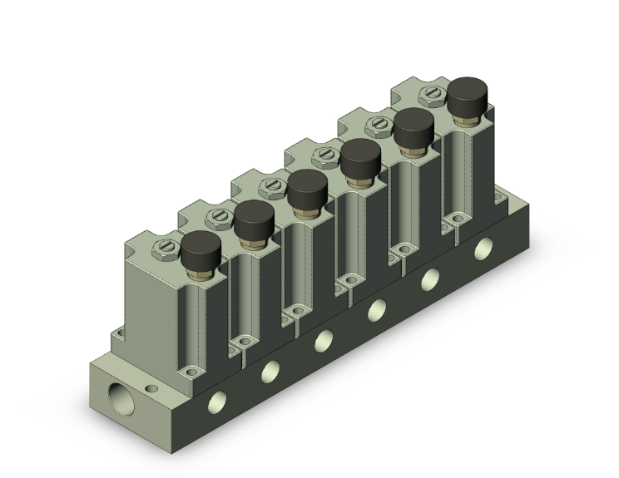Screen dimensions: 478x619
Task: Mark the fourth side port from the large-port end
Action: coord(377,309)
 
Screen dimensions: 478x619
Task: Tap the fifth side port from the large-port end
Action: coord(431,278)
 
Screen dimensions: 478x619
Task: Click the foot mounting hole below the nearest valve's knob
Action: coord(193,372)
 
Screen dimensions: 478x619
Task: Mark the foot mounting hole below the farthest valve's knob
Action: coord(455,218)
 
